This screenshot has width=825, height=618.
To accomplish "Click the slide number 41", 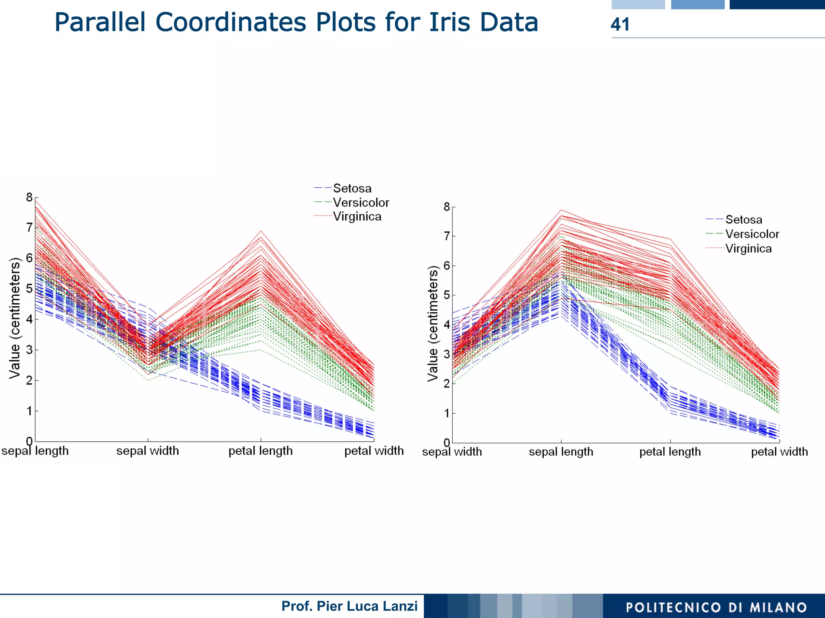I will (x=620, y=24).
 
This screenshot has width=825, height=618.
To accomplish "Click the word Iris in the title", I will (x=449, y=22).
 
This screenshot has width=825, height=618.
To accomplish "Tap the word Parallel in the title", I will (x=99, y=22).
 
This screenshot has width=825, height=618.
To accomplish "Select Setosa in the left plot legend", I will (x=352, y=188).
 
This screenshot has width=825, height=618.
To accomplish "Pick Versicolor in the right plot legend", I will (x=752, y=234).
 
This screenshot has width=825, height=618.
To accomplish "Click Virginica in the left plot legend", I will (x=357, y=217).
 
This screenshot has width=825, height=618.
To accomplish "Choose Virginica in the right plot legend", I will (x=748, y=249).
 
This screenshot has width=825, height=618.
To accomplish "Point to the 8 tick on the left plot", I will (x=29, y=197).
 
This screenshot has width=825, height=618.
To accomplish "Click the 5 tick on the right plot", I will (x=446, y=295).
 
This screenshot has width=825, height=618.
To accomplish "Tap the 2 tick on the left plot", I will (x=29, y=380).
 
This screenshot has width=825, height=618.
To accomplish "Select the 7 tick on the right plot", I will (x=446, y=236).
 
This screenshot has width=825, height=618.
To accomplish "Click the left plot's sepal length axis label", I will (x=35, y=451).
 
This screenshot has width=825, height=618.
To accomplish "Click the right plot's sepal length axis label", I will (x=561, y=452).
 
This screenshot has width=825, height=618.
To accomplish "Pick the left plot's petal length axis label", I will (x=261, y=451).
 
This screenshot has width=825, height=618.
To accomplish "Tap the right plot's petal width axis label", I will (x=779, y=452).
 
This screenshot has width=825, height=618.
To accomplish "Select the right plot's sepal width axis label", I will (x=452, y=452).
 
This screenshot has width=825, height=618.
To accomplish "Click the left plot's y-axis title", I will (x=15, y=318).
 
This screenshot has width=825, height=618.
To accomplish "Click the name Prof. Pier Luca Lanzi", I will (x=349, y=606).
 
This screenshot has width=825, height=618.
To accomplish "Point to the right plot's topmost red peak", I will (x=561, y=210).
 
